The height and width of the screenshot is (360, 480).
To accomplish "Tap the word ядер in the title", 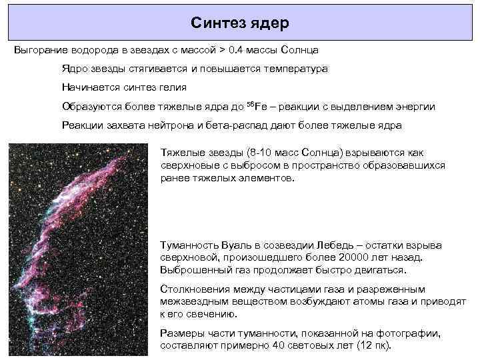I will [x=271, y=23].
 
